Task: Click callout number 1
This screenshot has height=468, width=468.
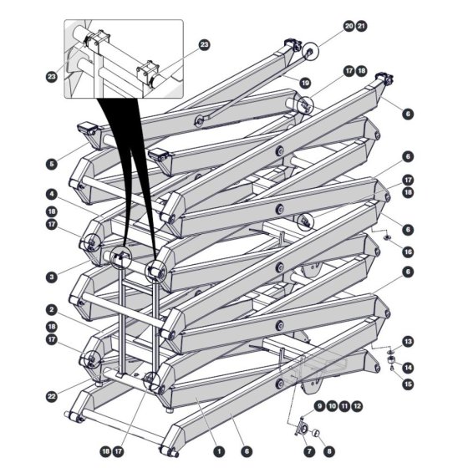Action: point(219,451)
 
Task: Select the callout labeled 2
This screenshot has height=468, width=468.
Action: point(52,310)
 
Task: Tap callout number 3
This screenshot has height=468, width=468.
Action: point(52,277)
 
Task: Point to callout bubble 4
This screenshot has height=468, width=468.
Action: point(52,195)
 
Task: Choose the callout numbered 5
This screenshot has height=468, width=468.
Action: point(52,164)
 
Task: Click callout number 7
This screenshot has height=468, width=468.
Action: point(309,451)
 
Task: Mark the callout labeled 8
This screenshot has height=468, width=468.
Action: point(329,451)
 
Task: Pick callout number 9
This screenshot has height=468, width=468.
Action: point(319,406)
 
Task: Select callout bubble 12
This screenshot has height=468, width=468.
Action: point(358,406)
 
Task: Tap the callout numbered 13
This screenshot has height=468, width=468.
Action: point(408,342)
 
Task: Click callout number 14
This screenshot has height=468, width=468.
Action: point(408,368)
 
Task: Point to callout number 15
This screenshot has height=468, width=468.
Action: point(408,384)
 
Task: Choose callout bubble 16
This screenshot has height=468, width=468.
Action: point(408,252)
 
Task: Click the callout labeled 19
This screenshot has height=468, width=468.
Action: point(305,83)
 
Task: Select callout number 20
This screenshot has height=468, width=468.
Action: point(349,26)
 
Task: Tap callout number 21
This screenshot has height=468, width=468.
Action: point(361,26)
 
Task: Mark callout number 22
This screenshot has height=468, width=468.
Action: point(52,397)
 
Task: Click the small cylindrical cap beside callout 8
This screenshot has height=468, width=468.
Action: point(316,432)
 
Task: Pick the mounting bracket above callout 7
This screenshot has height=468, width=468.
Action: point(302,428)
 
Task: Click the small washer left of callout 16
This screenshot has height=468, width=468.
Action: point(388,237)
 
